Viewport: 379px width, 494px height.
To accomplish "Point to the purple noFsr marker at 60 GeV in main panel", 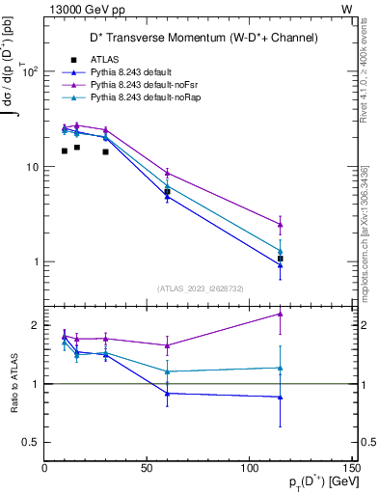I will [168, 173].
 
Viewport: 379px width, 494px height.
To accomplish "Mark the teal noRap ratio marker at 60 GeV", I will [168, 371].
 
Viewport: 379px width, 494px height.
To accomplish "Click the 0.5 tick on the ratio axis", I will [31, 442].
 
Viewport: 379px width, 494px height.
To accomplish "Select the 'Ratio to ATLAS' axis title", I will [14, 384].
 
